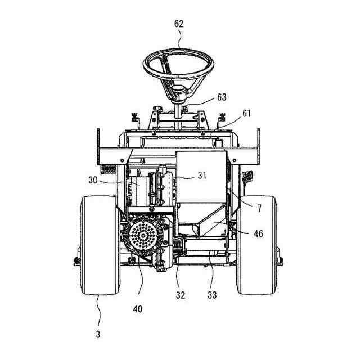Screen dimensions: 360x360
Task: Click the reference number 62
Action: [179, 24]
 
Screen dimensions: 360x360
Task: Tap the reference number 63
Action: [222, 97]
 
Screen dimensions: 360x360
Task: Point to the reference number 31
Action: [202, 175]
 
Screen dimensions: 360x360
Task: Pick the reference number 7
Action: [259, 208]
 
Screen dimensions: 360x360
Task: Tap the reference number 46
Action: [258, 233]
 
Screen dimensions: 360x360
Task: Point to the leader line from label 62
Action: [179, 39]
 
